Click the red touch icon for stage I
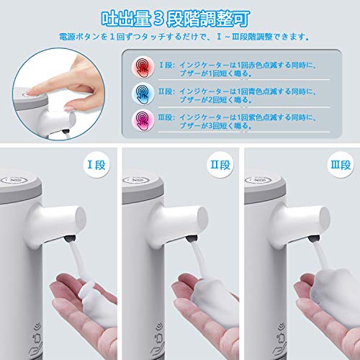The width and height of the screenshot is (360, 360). tap(143, 67)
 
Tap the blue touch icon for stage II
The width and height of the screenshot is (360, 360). tap(143, 94)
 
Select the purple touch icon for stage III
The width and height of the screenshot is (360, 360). tap(143, 120)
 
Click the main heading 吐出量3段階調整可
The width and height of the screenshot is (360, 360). tap(176, 19)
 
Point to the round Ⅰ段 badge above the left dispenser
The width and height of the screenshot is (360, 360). tap(96, 165)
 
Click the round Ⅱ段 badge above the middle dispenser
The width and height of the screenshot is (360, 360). tap(220, 165)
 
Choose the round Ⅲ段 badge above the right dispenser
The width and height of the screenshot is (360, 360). tap(341, 165)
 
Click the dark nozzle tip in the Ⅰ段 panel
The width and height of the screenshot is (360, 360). tap(70, 238)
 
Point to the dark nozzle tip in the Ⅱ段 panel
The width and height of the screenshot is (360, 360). tap(192, 238)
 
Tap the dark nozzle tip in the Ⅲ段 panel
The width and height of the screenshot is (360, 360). tap(314, 238)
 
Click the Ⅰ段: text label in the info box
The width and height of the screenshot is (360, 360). tap(167, 65)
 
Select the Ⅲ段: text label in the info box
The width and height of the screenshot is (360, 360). tap(166, 117)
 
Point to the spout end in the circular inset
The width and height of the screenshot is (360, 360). tap(71, 120)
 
